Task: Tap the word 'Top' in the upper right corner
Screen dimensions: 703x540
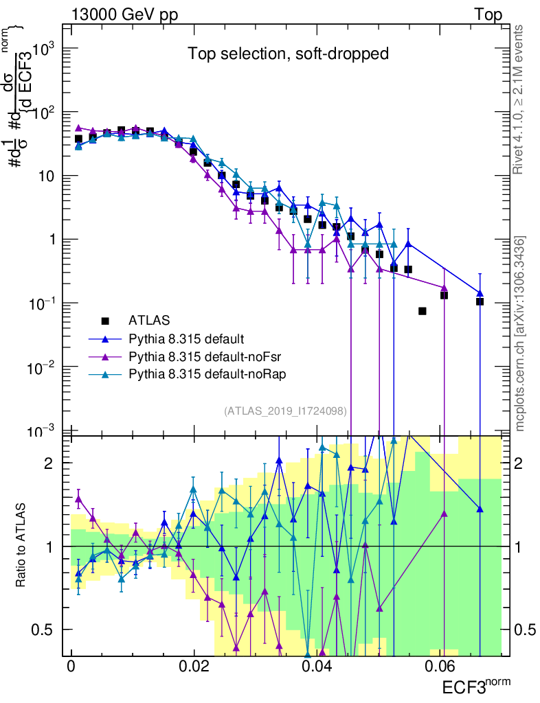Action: click(x=488, y=15)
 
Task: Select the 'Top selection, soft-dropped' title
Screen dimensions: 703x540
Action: click(x=289, y=54)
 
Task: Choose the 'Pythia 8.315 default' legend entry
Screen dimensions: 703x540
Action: click(x=186, y=338)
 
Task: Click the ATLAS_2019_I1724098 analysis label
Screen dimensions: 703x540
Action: click(x=284, y=411)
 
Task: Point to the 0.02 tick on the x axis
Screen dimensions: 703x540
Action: click(x=194, y=667)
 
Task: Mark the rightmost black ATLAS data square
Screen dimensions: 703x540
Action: click(x=480, y=301)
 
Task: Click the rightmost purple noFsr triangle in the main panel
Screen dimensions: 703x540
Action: click(x=444, y=288)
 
